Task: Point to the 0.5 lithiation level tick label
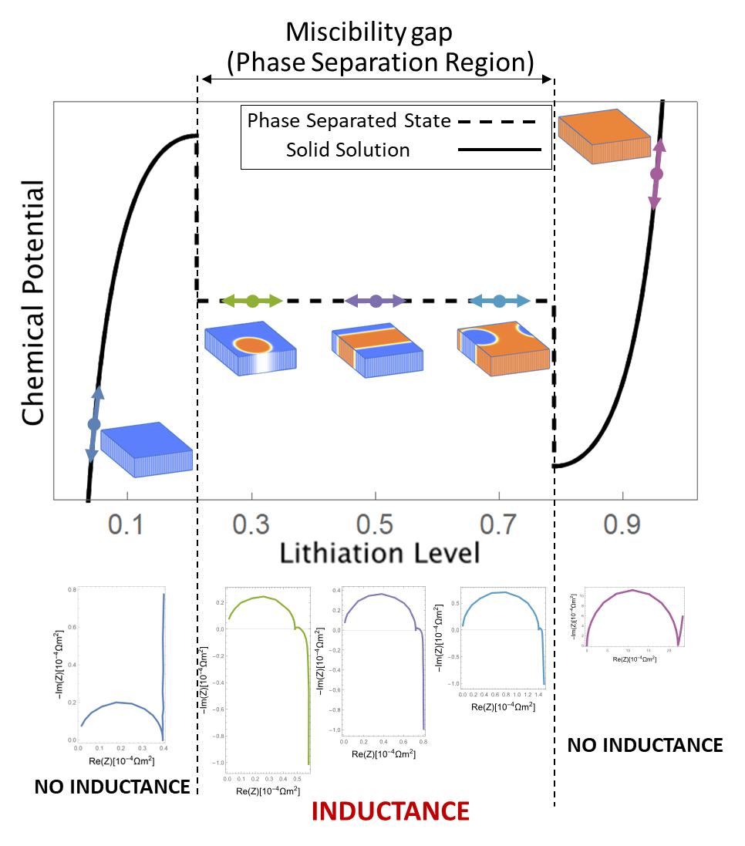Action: point(376,526)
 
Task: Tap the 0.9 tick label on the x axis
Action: point(622,526)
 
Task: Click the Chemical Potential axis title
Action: point(33,302)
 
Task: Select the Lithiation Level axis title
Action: point(379,553)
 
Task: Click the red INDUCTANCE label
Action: point(390,811)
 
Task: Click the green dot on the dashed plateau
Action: point(252,301)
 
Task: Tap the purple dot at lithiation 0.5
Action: point(376,301)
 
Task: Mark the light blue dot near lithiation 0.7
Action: point(499,301)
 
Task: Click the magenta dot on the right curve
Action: point(656,174)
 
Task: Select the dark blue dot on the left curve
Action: point(94,424)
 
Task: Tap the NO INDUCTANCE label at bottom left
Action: point(112,787)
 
